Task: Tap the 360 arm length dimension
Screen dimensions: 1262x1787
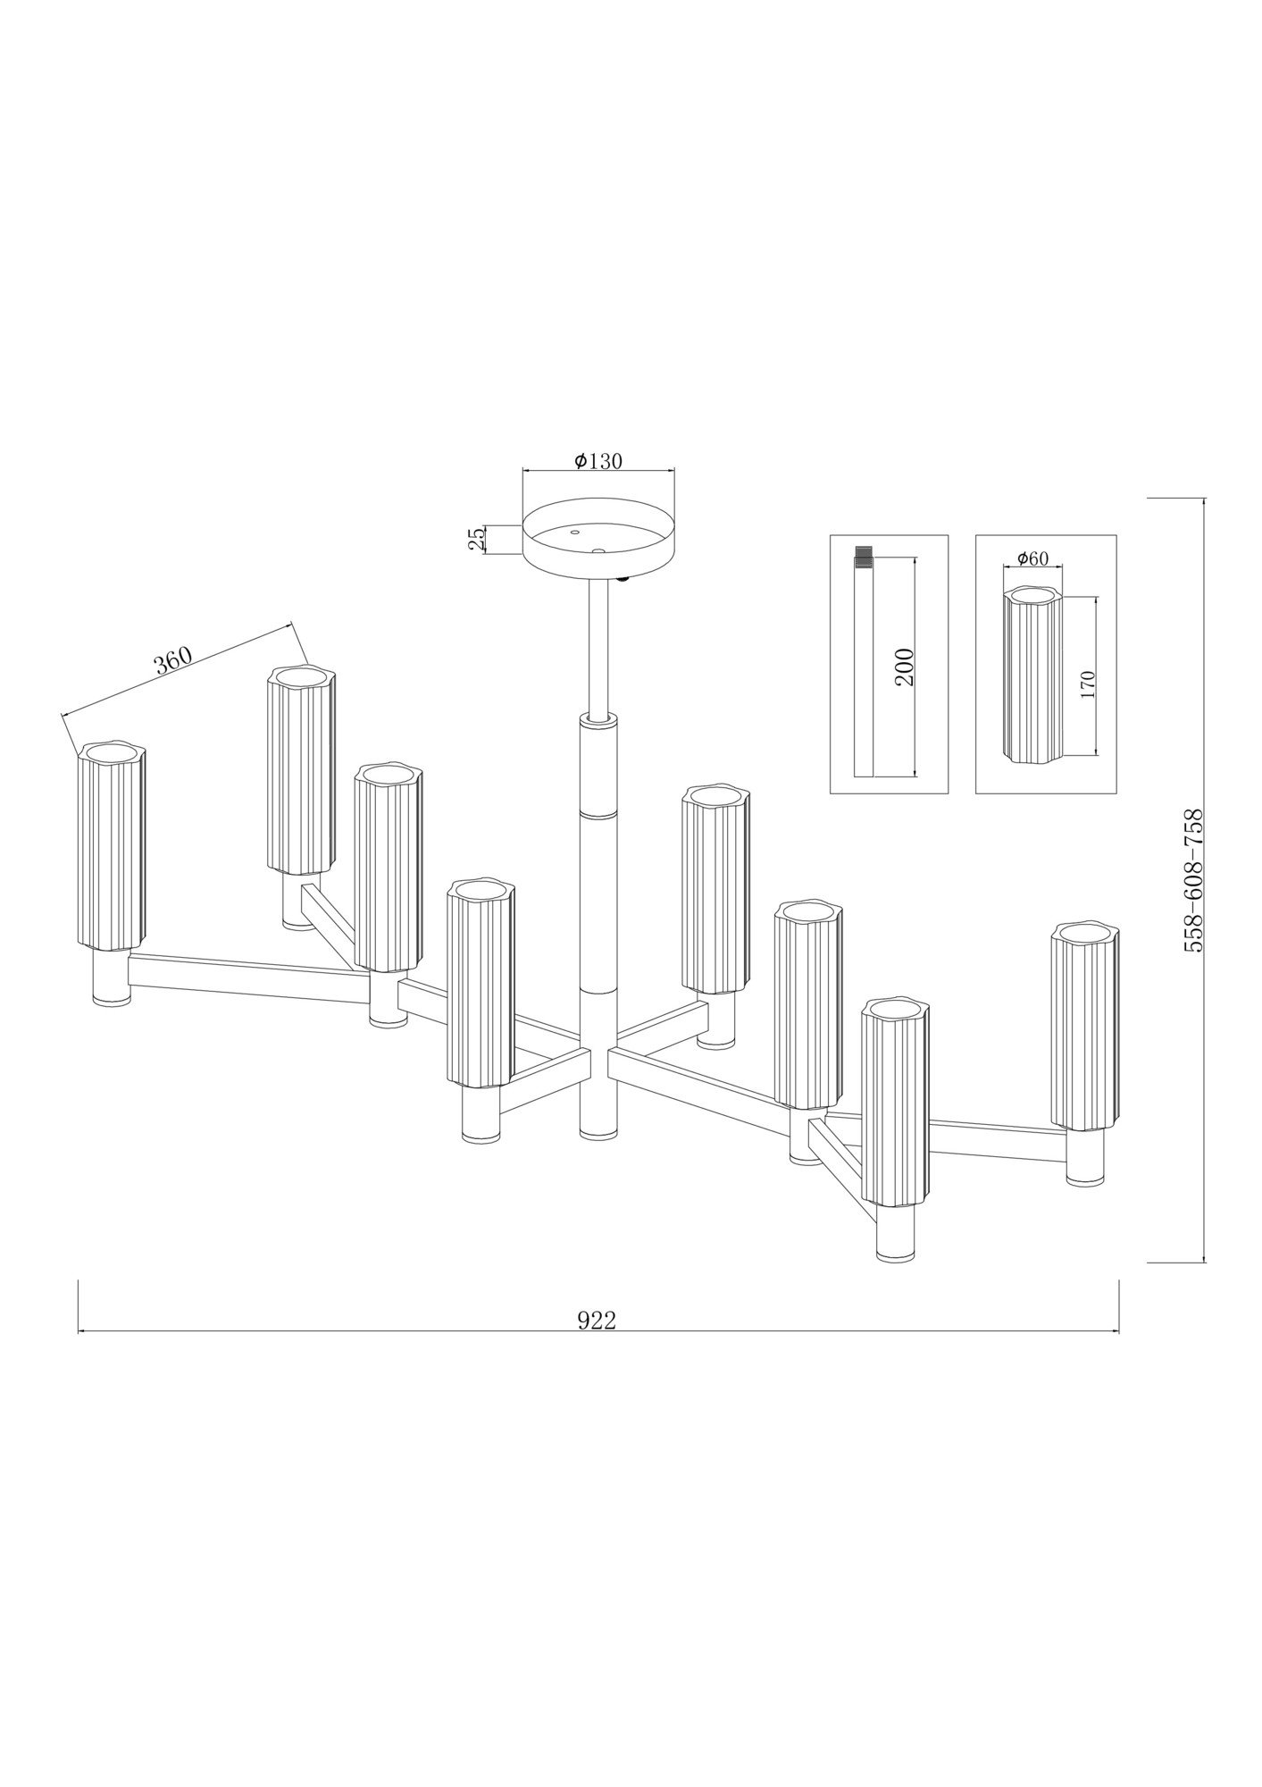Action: click(x=173, y=660)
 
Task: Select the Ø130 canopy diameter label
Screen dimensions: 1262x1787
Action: click(x=598, y=461)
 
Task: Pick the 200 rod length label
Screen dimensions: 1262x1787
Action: click(x=905, y=667)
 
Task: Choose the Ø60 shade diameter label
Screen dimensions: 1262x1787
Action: click(x=1032, y=558)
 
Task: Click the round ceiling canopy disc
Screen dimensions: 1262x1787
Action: click(x=598, y=535)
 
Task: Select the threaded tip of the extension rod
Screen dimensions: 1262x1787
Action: click(x=863, y=557)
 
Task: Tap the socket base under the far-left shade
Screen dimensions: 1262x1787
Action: click(x=113, y=977)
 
